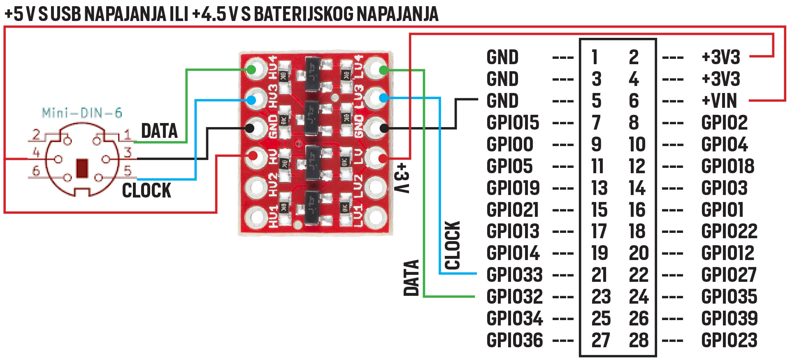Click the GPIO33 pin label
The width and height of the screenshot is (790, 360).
pyautogui.click(x=514, y=275)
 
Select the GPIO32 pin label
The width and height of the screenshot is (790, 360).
pyautogui.click(x=514, y=297)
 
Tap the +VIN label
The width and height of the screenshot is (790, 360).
pyautogui.click(x=719, y=101)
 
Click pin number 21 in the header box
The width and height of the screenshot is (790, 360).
pyautogui.click(x=599, y=275)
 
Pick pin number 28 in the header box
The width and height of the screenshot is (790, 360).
pyautogui.click(x=639, y=340)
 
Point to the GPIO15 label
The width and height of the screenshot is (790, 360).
pyautogui.click(x=513, y=123)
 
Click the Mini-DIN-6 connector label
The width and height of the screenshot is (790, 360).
pyautogui.click(x=82, y=113)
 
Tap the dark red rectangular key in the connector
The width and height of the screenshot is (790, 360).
pyautogui.click(x=82, y=168)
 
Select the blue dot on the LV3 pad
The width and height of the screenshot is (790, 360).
pyautogui.click(x=383, y=98)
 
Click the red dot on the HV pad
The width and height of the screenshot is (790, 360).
pyautogui.click(x=253, y=156)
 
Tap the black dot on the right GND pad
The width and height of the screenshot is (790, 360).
pyautogui.click(x=383, y=128)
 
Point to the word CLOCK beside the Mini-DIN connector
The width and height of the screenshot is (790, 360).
pyautogui.click(x=146, y=190)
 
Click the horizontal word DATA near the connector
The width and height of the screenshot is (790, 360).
pyautogui.click(x=159, y=131)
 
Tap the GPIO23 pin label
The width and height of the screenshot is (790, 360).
pyautogui.click(x=729, y=340)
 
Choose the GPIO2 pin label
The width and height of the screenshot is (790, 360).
pyautogui.click(x=724, y=123)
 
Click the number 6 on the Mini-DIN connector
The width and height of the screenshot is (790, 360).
pyautogui.click(x=36, y=170)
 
